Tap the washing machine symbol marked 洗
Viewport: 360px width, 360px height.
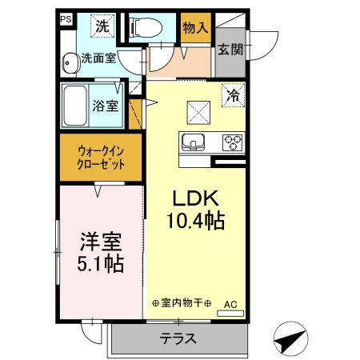102,27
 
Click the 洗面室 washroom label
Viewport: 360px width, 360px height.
99,58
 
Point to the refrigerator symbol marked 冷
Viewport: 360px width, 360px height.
234,93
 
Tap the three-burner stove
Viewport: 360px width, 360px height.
233,142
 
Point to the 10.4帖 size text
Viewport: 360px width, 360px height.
195,221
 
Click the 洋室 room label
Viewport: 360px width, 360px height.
100,243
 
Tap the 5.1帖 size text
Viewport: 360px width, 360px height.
100,264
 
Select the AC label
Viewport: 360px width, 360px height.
230,304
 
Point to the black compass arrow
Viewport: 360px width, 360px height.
291,339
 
